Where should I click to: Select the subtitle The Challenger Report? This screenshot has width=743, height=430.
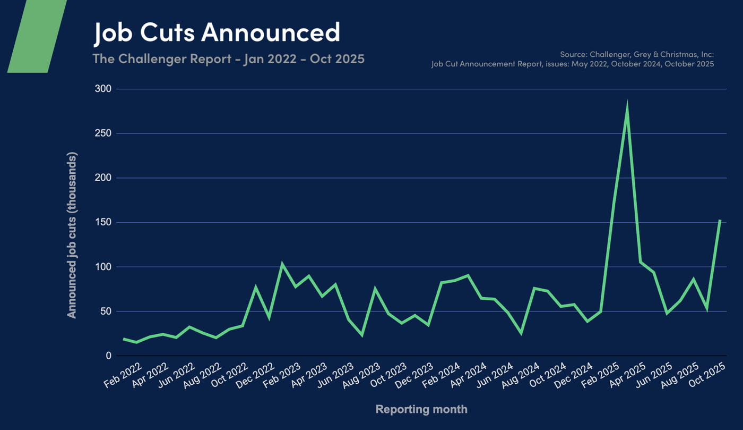[x=228, y=58]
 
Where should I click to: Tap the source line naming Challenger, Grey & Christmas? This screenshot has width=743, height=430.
[x=637, y=54]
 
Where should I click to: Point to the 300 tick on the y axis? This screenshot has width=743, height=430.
[x=103, y=89]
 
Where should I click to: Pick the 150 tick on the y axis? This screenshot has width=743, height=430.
[x=103, y=222]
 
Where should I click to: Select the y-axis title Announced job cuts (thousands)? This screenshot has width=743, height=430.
[x=72, y=235]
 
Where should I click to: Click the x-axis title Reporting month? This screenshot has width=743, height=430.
[x=421, y=409]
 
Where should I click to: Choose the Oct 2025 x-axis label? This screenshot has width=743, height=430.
[x=708, y=376]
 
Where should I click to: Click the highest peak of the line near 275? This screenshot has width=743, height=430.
[x=627, y=106]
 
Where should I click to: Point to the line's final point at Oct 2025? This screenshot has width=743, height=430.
[x=720, y=220]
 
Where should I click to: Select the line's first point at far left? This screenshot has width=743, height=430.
[x=124, y=339]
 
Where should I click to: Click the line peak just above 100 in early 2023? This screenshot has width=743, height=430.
[x=282, y=264]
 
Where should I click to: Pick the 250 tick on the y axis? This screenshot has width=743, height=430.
[x=103, y=133]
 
